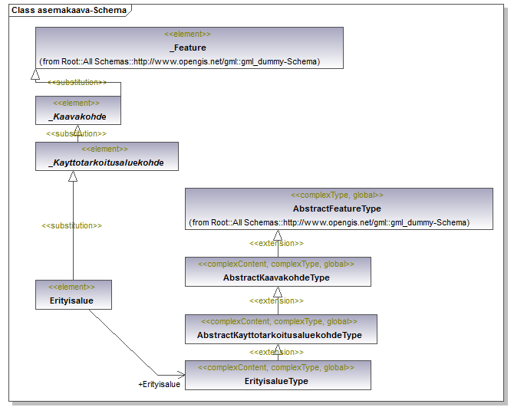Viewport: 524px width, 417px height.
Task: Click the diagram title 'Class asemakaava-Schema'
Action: pyautogui.click(x=69, y=10)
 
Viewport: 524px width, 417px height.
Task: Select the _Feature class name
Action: pyautogui.click(x=188, y=48)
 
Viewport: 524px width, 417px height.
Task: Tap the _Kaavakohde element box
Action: pyautogui.click(x=78, y=110)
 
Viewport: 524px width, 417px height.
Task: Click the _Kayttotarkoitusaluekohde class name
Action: pyautogui.click(x=107, y=163)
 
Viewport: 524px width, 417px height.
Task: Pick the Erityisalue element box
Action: pyautogui.click(x=74, y=294)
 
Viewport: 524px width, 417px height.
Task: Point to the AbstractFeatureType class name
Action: pyautogui.click(x=337, y=208)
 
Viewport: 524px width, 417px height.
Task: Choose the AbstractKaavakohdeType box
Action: pyautogui.click(x=278, y=271)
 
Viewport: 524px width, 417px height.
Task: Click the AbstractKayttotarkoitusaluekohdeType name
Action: pyautogui.click(x=279, y=335)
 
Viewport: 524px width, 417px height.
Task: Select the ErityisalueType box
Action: pyautogui.click(x=278, y=375)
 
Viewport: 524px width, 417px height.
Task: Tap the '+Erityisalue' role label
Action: pyautogui.click(x=159, y=384)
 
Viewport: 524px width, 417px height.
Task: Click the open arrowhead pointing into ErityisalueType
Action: pyautogui.click(x=181, y=375)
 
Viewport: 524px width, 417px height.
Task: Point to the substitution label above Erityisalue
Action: pyautogui.click(x=71, y=225)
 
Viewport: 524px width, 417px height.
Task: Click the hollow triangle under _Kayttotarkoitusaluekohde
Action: pyautogui.click(x=73, y=176)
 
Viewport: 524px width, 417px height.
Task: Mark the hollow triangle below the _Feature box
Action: pyautogui.click(x=35, y=74)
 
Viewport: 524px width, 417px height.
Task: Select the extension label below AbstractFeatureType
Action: pyautogui.click(x=276, y=244)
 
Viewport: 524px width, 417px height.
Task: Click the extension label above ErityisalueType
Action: pyautogui.click(x=276, y=353)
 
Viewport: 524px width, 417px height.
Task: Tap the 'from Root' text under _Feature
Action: pyautogui.click(x=180, y=62)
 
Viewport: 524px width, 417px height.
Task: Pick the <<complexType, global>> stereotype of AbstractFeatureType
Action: pyautogui.click(x=337, y=195)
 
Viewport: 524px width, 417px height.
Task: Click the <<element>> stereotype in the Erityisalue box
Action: pyautogui.click(x=71, y=287)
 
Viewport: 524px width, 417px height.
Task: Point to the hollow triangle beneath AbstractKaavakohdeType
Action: pyautogui.click(x=278, y=292)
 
